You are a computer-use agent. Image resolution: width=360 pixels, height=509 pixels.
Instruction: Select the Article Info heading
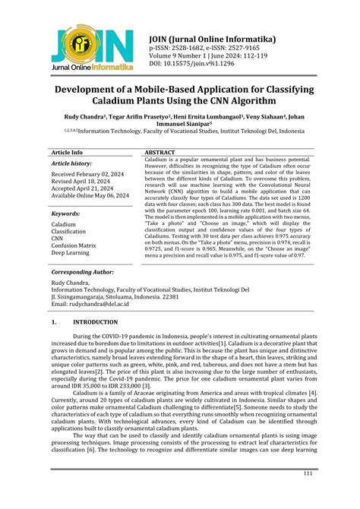67,153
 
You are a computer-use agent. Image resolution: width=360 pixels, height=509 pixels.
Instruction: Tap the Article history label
71,163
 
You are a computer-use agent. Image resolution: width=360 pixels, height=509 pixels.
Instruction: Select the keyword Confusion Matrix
73,245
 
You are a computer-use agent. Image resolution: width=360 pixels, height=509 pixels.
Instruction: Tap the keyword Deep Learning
71,253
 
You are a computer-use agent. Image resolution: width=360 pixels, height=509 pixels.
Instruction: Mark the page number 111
308,495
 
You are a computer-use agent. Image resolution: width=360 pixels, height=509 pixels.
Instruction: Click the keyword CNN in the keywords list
58,238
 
